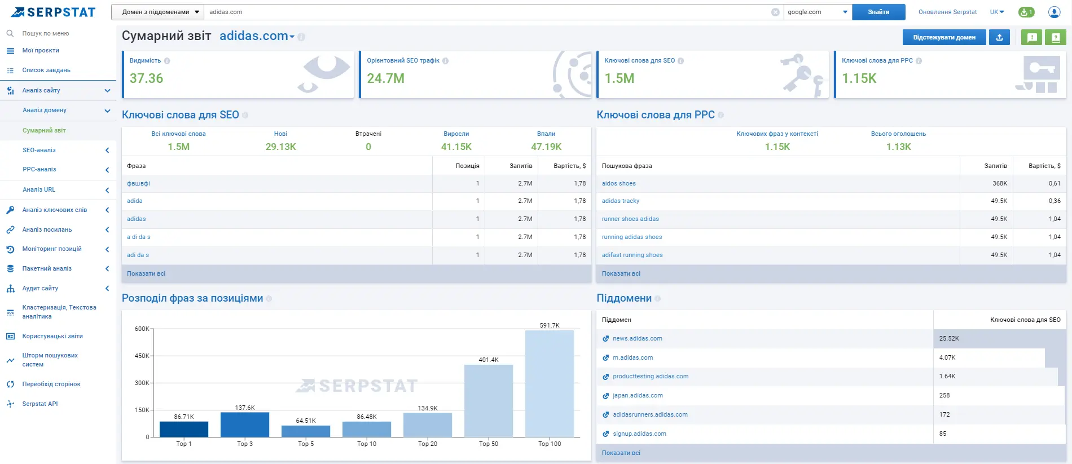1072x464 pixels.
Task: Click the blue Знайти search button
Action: click(878, 12)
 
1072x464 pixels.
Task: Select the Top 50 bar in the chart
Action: click(488, 400)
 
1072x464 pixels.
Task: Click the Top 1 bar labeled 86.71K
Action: click(184, 429)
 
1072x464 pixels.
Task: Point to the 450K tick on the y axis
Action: click(142, 356)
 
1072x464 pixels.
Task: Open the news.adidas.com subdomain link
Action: click(637, 339)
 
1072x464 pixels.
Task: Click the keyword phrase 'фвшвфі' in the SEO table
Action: click(138, 184)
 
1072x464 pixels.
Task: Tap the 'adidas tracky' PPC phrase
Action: click(620, 201)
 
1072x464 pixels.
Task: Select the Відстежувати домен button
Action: click(944, 38)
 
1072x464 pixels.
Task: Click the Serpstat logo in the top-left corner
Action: click(54, 12)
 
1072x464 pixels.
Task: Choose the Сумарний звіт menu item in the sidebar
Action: click(44, 130)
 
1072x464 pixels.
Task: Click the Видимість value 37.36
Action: click(146, 78)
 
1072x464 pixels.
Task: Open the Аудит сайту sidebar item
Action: click(40, 288)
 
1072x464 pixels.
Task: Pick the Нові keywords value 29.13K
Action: click(280, 147)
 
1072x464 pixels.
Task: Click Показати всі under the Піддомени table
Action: click(621, 453)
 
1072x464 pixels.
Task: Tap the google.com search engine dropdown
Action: click(817, 12)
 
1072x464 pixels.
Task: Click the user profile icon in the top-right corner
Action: click(1053, 12)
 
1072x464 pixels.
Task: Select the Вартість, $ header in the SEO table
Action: click(569, 166)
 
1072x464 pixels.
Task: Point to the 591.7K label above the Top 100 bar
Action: click(549, 325)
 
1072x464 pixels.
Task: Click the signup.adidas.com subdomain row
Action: click(639, 434)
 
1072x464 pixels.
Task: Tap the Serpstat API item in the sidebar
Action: click(40, 404)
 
